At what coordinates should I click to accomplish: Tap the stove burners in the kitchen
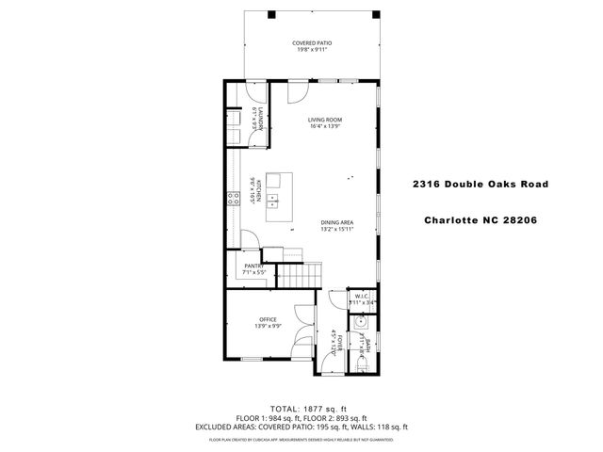click(230, 198)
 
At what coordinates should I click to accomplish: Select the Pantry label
click(253, 266)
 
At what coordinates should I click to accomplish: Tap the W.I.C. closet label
click(363, 297)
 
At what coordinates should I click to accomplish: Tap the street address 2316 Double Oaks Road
click(481, 185)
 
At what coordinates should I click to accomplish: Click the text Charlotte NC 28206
click(481, 223)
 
